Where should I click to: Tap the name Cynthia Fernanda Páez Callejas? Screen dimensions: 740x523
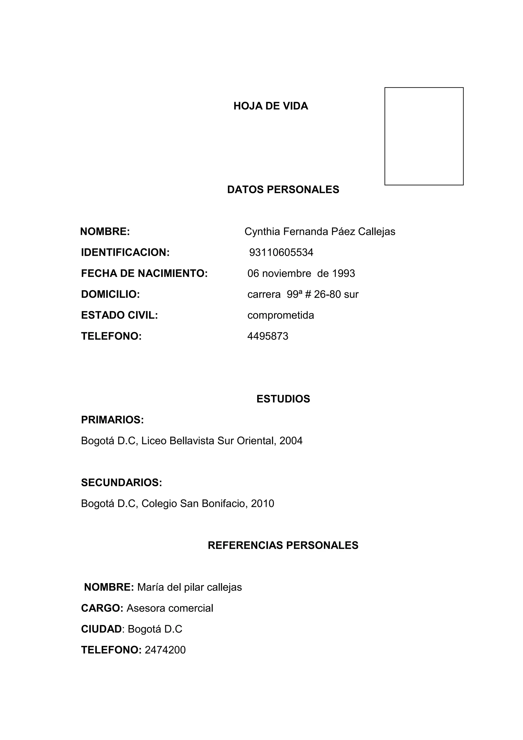[320, 232]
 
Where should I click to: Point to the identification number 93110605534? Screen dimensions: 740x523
[281, 252]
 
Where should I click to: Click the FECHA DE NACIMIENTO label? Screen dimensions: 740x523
[144, 273]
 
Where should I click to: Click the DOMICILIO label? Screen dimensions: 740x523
[111, 294]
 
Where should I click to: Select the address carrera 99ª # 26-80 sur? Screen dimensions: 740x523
[303, 294]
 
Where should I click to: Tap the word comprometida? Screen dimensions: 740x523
[280, 315]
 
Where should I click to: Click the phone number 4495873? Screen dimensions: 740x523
[268, 336]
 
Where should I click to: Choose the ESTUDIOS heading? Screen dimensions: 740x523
[283, 399]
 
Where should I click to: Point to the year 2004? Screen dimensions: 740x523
[291, 441]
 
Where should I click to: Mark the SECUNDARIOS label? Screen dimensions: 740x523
[121, 482]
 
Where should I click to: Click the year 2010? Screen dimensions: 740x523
[263, 503]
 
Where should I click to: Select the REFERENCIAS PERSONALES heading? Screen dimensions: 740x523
[283, 545]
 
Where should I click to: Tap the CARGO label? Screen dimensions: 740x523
[102, 608]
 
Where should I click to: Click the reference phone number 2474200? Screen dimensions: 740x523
[165, 650]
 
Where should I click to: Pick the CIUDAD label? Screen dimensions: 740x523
[101, 629]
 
